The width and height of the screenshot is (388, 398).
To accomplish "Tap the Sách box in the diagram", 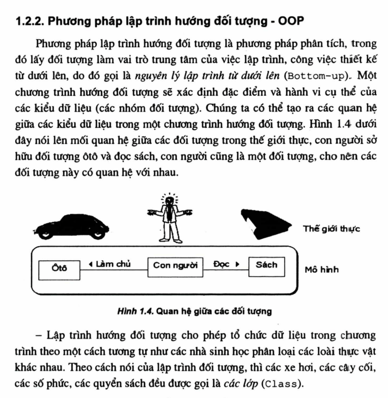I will point(267,265).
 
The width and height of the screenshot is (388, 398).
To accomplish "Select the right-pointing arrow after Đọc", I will point(237,265).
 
